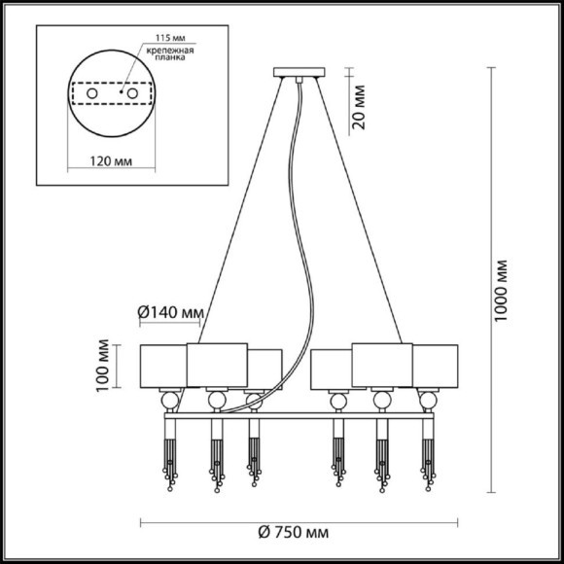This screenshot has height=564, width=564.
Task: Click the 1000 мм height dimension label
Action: click(501, 291)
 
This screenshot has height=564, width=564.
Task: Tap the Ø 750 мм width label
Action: click(294, 532)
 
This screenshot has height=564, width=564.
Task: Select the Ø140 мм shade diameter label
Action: click(171, 312)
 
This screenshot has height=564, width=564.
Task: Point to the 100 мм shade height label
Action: click(103, 366)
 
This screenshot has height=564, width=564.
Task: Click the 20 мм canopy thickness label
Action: click(358, 107)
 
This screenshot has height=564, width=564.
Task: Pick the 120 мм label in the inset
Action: click(111, 161)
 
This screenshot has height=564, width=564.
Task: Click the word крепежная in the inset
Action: click(170, 51)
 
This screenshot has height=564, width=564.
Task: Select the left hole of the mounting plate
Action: click(92, 94)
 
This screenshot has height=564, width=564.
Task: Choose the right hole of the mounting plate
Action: click(132, 94)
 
